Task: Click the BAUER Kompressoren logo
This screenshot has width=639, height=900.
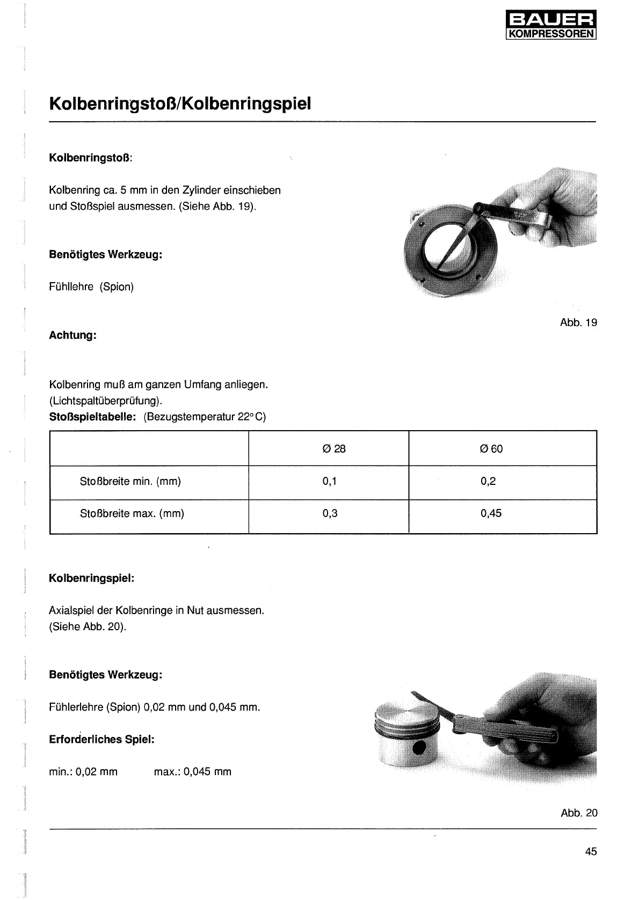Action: pyautogui.click(x=551, y=26)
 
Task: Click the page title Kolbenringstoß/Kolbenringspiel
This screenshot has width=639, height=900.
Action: pyautogui.click(x=180, y=104)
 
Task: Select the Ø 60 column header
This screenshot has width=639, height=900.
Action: pyautogui.click(x=491, y=449)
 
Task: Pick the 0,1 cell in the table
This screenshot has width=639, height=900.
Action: pyautogui.click(x=329, y=481)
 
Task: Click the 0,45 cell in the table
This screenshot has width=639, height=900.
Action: pyautogui.click(x=491, y=513)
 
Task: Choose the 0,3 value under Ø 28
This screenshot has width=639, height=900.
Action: pyautogui.click(x=330, y=513)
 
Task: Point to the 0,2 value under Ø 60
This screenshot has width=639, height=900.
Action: pyautogui.click(x=488, y=481)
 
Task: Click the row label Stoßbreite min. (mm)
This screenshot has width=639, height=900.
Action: pyautogui.click(x=130, y=481)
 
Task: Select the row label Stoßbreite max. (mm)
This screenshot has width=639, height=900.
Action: pyautogui.click(x=132, y=513)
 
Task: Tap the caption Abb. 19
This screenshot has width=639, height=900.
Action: pyautogui.click(x=578, y=322)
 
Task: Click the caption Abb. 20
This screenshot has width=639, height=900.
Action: pyautogui.click(x=579, y=813)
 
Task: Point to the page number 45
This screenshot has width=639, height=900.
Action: pyautogui.click(x=591, y=851)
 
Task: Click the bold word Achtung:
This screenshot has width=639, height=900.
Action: pyautogui.click(x=72, y=335)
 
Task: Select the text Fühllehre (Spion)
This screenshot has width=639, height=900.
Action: pyautogui.click(x=91, y=286)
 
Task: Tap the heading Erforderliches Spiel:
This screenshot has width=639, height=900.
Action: pyautogui.click(x=101, y=739)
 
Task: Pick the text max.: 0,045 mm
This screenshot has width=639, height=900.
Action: pyautogui.click(x=192, y=772)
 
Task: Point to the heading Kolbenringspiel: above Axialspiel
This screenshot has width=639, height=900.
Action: pyautogui.click(x=92, y=578)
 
